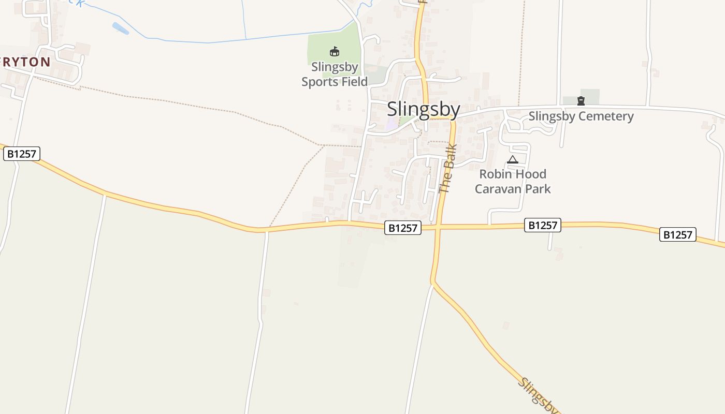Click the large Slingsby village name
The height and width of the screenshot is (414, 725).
click(x=423, y=110)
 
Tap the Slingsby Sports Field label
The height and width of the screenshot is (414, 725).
click(x=335, y=75)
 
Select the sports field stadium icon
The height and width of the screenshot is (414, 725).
click(x=335, y=51)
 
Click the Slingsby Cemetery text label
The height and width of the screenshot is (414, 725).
click(x=581, y=116)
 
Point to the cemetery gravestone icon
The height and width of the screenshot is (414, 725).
click(x=581, y=101)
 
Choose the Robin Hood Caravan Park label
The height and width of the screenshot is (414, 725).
click(x=513, y=181)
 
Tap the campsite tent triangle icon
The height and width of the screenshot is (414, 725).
click(x=513, y=160)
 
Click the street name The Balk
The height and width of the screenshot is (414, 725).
click(x=446, y=169)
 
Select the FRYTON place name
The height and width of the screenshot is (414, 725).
click(x=25, y=62)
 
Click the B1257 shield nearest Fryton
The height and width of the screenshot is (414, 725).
click(x=22, y=154)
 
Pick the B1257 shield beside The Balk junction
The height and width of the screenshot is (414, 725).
click(x=403, y=228)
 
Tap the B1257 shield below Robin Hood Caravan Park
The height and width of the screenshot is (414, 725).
click(x=543, y=225)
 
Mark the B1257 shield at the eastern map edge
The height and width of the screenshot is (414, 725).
click(x=678, y=234)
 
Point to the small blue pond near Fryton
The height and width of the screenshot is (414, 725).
click(x=120, y=28)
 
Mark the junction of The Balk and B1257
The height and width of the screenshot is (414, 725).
click(x=438, y=227)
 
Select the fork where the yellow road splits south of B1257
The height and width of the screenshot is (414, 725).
click(x=433, y=283)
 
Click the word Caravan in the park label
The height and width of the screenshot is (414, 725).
click(x=497, y=189)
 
